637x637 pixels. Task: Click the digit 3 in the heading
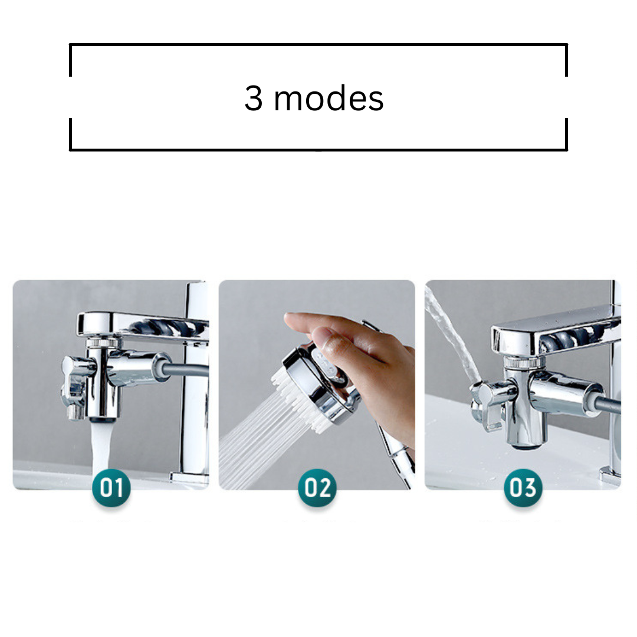coord(253,98)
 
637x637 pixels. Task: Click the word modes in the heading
coord(329,98)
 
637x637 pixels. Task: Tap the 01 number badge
coord(111,487)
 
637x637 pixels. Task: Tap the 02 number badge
coord(317,487)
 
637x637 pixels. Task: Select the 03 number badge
coord(523,487)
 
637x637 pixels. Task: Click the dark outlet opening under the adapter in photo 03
coord(527,446)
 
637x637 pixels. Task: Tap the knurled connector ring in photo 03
coord(521,361)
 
